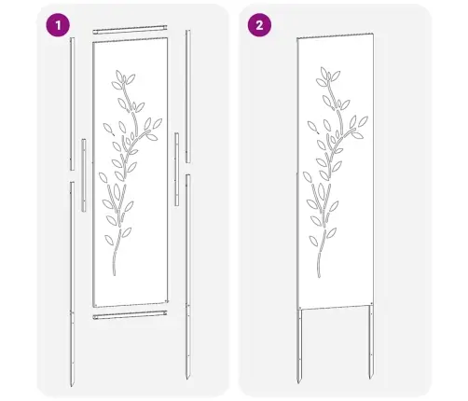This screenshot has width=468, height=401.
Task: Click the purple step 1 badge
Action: click(61, 24)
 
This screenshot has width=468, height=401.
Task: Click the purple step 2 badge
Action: click(255, 24)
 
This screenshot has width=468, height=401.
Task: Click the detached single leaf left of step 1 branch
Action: click(105, 128)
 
